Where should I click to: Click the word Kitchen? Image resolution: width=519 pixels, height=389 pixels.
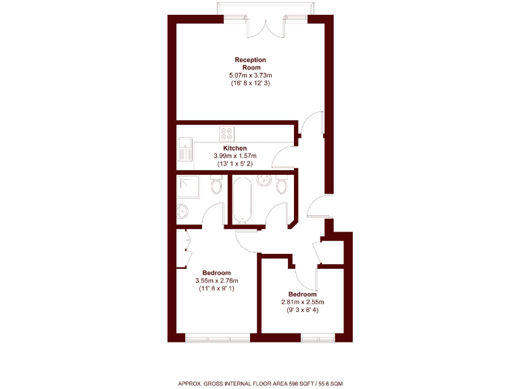coord(235,148)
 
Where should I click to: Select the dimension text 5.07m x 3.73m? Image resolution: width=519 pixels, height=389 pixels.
coord(250,75)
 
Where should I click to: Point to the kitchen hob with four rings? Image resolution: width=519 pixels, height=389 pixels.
coord(226,133)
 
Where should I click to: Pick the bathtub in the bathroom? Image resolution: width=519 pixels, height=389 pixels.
coord(241,199)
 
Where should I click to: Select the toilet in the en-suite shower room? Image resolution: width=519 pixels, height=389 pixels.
coord(216,185)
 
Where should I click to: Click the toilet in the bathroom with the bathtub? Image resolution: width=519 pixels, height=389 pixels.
coord(282,184)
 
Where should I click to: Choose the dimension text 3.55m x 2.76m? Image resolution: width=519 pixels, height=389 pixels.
coord(216,281)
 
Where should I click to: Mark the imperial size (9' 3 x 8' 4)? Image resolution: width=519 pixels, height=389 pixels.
coord(302,310)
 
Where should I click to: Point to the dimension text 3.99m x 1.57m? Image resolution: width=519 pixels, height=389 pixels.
coord(235,156)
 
